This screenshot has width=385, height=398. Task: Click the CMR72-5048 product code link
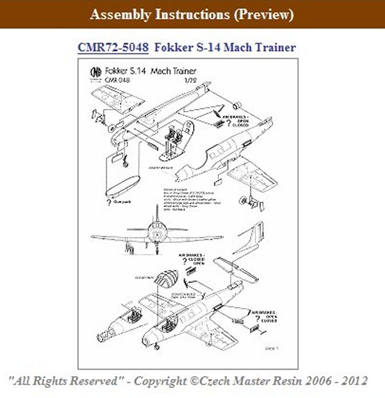(x=113, y=47)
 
